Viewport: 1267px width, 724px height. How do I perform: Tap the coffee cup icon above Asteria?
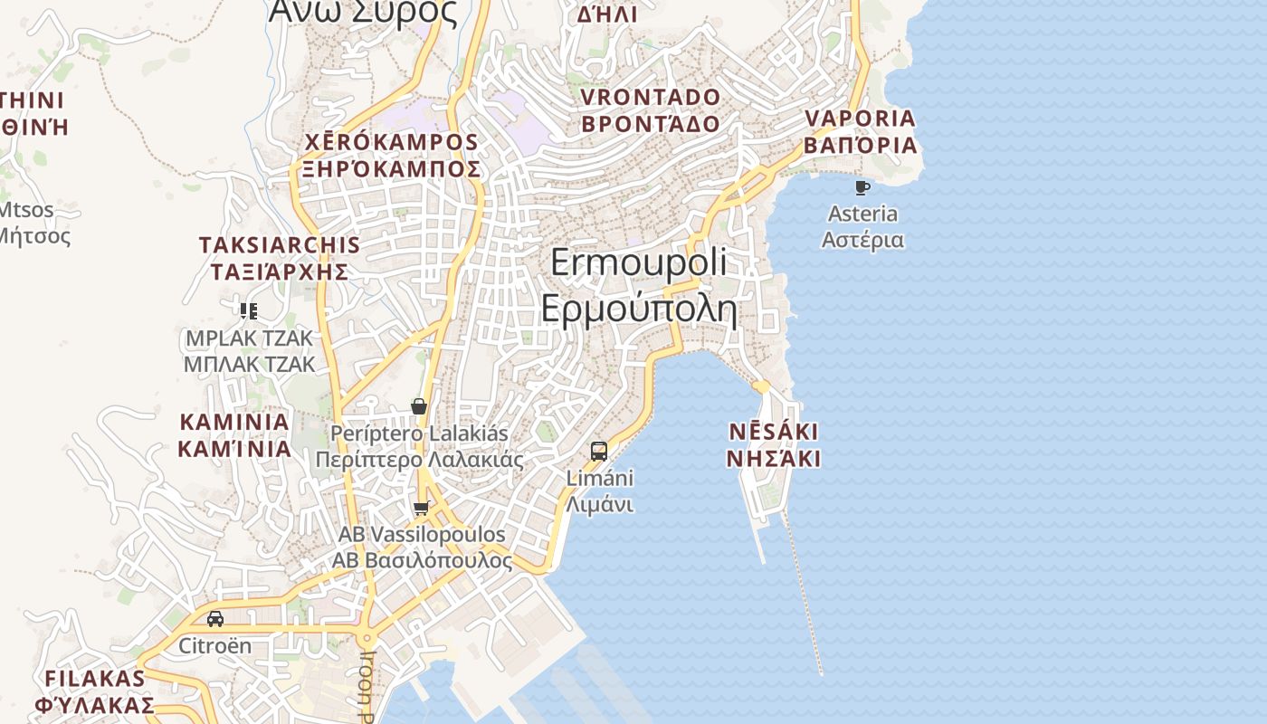tap(862, 187)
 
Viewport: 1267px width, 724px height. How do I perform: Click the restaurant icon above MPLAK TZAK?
tap(249, 311)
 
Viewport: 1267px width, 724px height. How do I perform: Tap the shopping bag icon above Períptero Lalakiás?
tap(418, 406)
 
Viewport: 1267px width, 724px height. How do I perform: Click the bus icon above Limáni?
tap(598, 451)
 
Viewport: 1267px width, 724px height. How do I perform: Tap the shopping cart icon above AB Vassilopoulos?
tap(420, 508)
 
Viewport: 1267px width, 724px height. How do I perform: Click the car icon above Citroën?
tap(215, 619)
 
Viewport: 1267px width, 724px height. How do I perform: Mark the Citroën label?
tap(214, 646)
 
